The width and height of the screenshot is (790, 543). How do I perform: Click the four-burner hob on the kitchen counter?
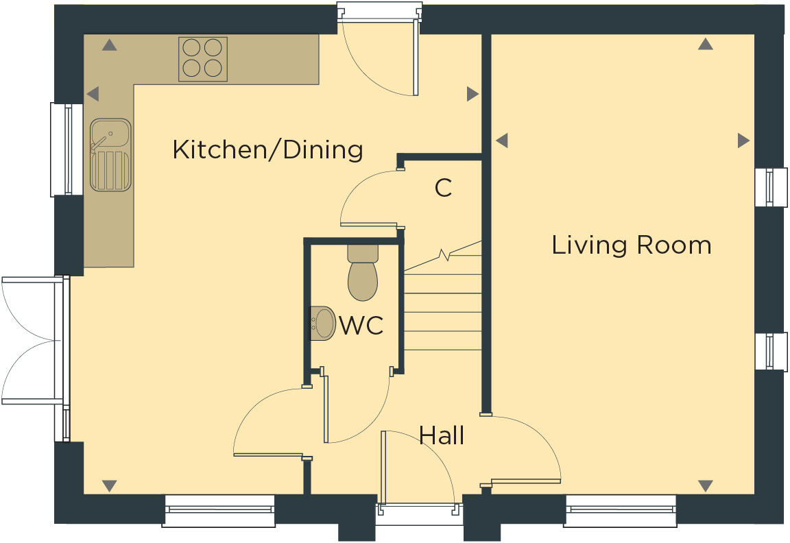[203, 58]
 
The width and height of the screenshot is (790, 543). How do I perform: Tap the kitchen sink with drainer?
[110, 155]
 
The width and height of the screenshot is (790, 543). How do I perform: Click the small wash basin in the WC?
[322, 323]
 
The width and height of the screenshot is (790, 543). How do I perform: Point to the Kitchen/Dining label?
[267, 149]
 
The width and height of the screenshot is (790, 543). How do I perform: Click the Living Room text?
[631, 245]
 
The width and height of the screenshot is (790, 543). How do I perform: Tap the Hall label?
[442, 435]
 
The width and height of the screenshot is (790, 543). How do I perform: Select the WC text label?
[361, 326]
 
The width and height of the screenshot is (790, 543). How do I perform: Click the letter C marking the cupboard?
[444, 188]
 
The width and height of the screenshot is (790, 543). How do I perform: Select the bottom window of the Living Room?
[620, 510]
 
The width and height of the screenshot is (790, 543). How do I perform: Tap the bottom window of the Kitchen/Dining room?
[219, 510]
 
